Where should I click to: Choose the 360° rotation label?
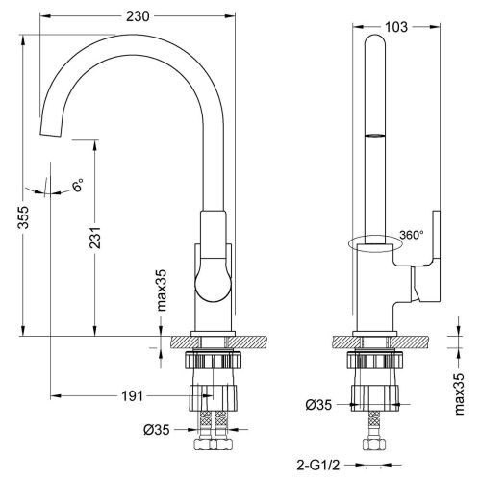point(410,234)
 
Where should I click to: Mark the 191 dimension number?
point(135,395)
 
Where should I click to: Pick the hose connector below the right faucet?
point(371,443)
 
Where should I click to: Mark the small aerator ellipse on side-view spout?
point(374,137)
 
